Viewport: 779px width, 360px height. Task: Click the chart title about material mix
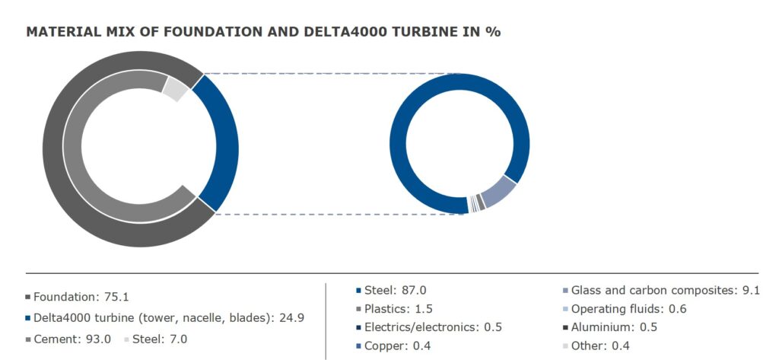pos(263,32)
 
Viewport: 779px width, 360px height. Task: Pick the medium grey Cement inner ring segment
pos(74,149)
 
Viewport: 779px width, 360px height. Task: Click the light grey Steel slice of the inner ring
pos(176,90)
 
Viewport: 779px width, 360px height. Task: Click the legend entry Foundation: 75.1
pos(77,298)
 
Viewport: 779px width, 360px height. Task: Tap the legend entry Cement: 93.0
pos(68,339)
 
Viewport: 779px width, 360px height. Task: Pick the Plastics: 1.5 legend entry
pos(395,309)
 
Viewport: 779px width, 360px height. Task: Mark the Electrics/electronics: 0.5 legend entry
pos(429,327)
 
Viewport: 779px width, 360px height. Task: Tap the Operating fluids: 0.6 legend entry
pos(624,309)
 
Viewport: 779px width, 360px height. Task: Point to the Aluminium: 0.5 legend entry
pos(610,327)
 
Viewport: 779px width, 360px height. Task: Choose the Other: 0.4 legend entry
pos(596,346)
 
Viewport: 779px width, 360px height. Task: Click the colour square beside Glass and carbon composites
pos(566,290)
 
